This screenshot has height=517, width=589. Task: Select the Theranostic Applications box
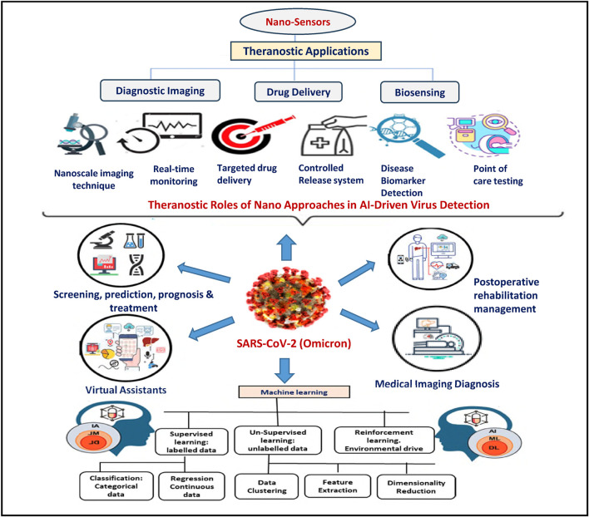pyautogui.click(x=306, y=51)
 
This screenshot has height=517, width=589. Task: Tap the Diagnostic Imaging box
pyautogui.click(x=160, y=91)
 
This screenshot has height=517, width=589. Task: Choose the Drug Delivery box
pyautogui.click(x=299, y=92)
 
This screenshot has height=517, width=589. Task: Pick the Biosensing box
pyautogui.click(x=419, y=92)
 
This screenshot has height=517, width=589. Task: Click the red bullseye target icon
pyautogui.click(x=240, y=135)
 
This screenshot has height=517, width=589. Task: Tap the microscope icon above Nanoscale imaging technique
pyautogui.click(x=82, y=135)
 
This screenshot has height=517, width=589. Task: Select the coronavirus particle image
pyautogui.click(x=288, y=298)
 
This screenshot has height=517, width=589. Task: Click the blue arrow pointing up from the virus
pyautogui.click(x=286, y=247)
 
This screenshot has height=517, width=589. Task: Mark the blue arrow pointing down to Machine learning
pyautogui.click(x=285, y=371)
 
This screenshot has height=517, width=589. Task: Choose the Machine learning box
pyautogui.click(x=294, y=392)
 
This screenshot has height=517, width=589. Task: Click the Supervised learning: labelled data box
pyautogui.click(x=191, y=441)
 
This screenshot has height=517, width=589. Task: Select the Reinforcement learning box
pyautogui.click(x=384, y=440)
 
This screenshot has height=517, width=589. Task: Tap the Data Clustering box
pyautogui.click(x=267, y=486)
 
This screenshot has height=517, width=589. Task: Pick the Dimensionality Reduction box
pyautogui.click(x=416, y=487)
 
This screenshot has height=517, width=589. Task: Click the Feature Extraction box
pyautogui.click(x=338, y=486)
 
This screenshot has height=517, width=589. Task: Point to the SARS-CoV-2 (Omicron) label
pyautogui.click(x=294, y=343)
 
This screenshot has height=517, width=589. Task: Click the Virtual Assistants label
pyautogui.click(x=126, y=390)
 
